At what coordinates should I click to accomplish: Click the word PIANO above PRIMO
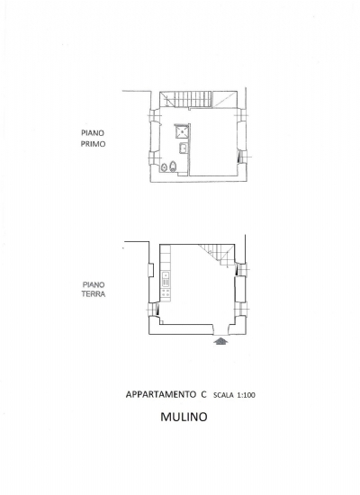(x=93, y=133)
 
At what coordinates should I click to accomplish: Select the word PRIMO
(x=93, y=144)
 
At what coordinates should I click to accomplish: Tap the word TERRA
(x=94, y=293)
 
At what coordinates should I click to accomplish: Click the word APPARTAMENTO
(x=160, y=394)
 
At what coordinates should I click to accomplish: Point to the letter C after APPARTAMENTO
(x=203, y=394)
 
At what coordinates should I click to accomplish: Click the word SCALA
(x=223, y=395)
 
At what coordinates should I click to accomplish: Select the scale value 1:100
(x=246, y=395)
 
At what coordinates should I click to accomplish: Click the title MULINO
(x=184, y=417)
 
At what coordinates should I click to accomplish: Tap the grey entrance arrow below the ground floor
(x=221, y=340)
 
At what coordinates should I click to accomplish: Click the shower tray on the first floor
(x=182, y=131)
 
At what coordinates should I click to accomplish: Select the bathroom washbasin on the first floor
(x=184, y=148)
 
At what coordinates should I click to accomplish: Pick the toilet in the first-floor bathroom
(x=173, y=166)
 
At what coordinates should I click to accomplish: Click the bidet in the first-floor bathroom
(x=164, y=167)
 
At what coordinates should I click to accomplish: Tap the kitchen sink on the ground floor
(x=166, y=279)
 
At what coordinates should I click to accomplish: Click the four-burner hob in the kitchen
(x=166, y=293)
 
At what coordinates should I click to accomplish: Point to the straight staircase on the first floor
(x=185, y=99)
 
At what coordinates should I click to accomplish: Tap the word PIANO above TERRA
(x=94, y=284)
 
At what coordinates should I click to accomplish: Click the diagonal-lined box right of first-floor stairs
(x=224, y=99)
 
